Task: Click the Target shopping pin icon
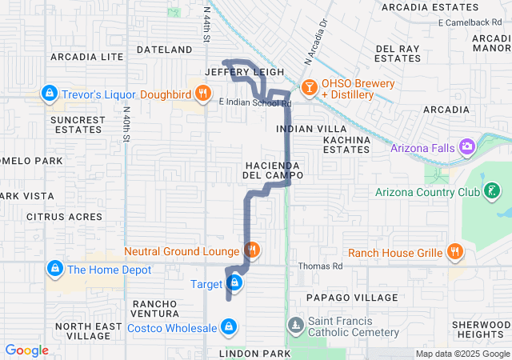point(234,283)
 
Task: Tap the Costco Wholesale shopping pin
point(230,326)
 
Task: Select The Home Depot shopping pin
point(54,269)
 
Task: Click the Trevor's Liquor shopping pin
point(50,94)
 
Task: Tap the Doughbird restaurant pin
point(203,94)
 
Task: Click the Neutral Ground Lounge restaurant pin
point(252,250)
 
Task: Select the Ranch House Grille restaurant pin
point(454,252)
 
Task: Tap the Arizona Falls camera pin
point(467,147)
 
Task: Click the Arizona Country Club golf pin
point(494,191)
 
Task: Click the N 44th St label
point(206,24)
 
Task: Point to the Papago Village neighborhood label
point(346,297)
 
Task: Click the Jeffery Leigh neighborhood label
point(234,71)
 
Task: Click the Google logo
point(27,350)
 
